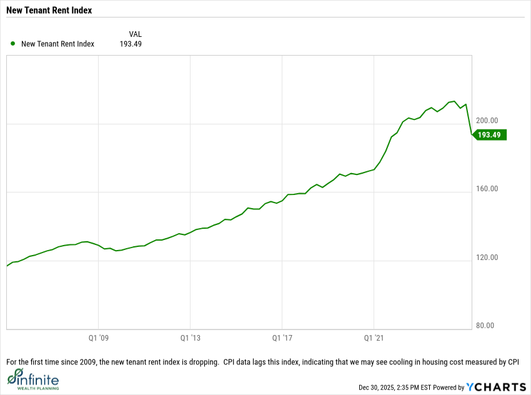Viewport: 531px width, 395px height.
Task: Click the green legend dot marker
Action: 13,44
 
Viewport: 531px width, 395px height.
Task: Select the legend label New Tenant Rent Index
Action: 57,44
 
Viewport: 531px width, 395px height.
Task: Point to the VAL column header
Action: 135,33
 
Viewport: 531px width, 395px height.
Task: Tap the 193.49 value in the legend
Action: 131,44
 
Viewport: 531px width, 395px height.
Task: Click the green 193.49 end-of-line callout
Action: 491,134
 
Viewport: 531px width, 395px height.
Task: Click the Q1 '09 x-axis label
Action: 99,337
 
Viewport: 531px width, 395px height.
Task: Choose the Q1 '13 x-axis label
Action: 191,337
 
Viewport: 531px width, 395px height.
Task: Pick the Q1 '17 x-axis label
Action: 282,337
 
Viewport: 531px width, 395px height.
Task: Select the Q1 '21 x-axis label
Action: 374,337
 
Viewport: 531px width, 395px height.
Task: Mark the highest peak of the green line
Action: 454,101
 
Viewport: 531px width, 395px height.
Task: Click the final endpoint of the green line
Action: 472,134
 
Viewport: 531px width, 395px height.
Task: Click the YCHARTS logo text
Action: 496,387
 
